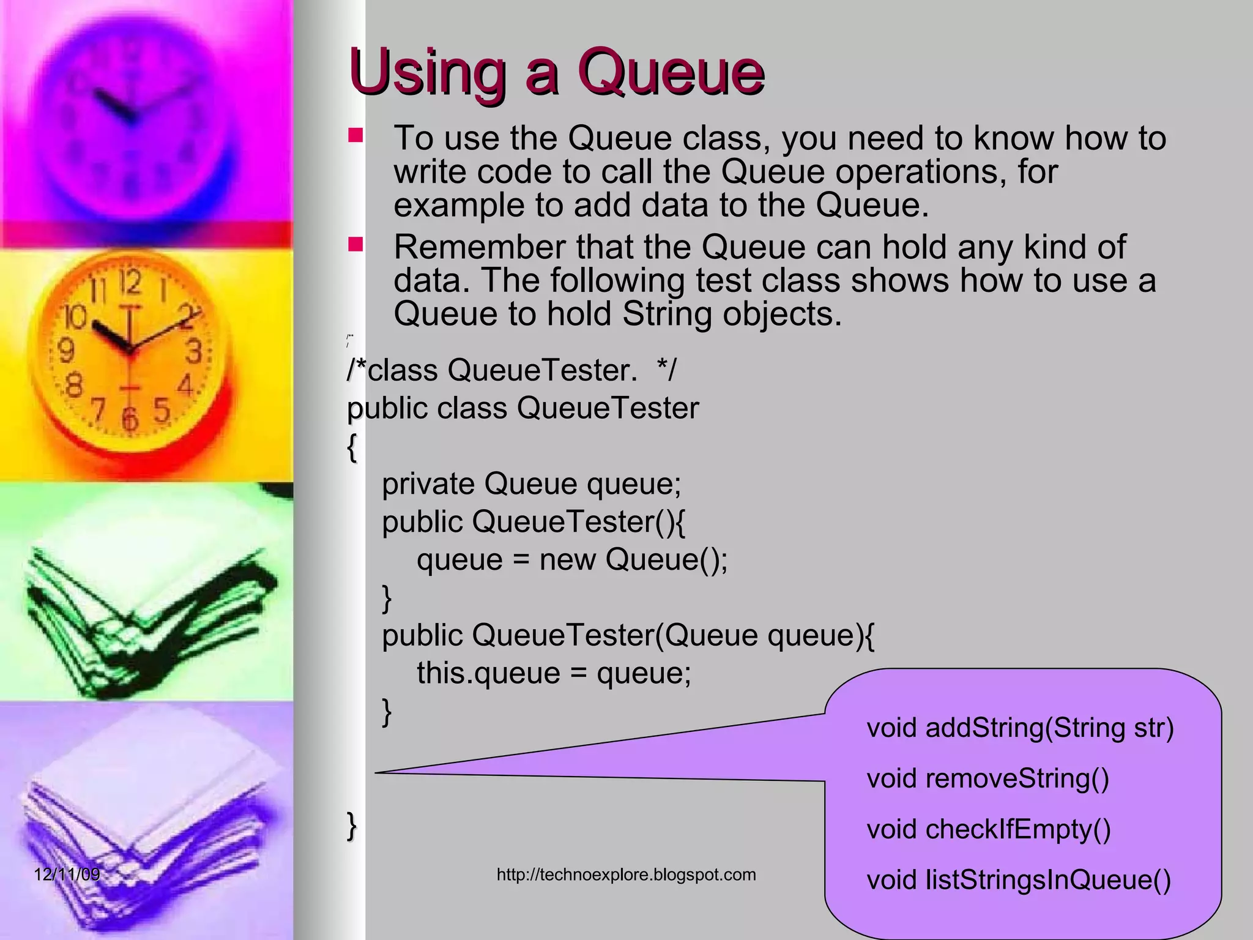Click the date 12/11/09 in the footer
(67, 874)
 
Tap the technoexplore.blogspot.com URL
(626, 875)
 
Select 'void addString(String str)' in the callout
(1020, 728)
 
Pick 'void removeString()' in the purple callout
(987, 779)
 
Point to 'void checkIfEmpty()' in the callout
(988, 830)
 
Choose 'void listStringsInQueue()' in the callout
(1019, 881)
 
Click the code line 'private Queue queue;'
(531, 484)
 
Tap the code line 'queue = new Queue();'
(572, 559)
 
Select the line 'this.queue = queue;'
(554, 673)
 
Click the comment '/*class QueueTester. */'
(511, 370)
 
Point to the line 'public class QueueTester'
(522, 408)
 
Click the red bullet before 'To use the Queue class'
(355, 135)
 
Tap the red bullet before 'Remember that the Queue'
(355, 245)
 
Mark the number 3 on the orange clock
(194, 352)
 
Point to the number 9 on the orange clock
(65, 351)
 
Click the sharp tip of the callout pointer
(376, 772)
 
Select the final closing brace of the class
(351, 826)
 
